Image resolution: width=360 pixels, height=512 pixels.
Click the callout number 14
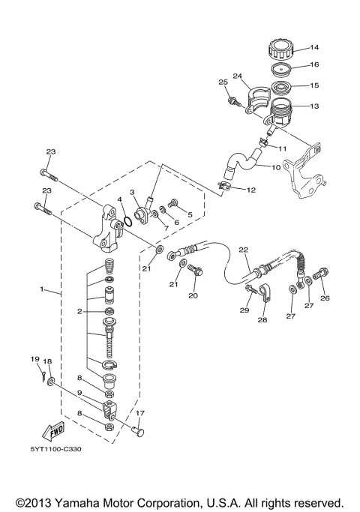314,48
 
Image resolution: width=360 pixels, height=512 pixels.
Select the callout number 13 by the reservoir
314,106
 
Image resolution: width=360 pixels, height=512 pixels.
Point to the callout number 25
222,81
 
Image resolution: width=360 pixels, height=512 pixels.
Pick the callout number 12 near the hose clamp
250,190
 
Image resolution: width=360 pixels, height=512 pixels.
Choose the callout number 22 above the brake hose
242,250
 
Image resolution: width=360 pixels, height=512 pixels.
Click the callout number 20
193,295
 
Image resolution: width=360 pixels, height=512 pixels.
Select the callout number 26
325,298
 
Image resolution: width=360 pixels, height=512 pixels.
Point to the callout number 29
244,310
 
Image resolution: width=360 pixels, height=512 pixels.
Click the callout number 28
261,320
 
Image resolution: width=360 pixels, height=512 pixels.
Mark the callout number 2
78,310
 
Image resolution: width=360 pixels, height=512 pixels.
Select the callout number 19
34,360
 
